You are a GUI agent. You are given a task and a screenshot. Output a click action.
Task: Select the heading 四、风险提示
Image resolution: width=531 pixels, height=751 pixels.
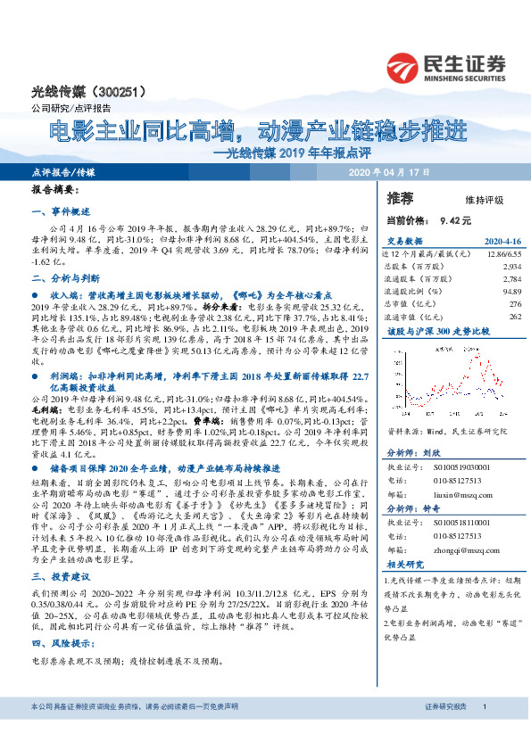click(x=58, y=617)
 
